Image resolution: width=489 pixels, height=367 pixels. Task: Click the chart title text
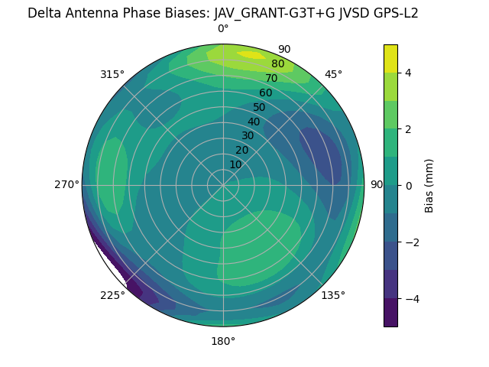click(x=223, y=13)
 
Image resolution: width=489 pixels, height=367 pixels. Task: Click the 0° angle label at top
click(x=223, y=29)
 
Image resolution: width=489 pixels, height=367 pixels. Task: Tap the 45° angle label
click(x=333, y=74)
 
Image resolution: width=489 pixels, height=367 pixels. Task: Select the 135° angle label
click(x=333, y=295)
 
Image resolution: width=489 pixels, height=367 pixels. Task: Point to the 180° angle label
click(x=223, y=341)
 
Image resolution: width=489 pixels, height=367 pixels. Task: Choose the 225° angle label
click(x=112, y=295)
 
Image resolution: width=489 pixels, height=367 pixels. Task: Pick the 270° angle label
click(x=66, y=184)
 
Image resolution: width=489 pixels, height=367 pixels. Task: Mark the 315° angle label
click(x=112, y=74)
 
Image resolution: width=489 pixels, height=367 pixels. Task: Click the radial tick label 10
click(x=235, y=164)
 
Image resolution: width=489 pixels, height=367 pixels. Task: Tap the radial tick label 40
click(x=254, y=122)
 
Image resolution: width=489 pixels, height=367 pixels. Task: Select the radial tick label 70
click(x=271, y=78)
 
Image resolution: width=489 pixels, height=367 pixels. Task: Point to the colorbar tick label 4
click(x=409, y=73)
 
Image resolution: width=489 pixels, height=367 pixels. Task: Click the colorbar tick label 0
click(x=409, y=186)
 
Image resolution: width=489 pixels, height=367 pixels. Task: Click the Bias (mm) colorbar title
click(x=429, y=186)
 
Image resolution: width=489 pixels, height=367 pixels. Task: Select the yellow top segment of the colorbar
click(x=390, y=59)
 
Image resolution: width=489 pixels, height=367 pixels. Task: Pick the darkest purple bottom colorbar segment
click(x=390, y=313)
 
